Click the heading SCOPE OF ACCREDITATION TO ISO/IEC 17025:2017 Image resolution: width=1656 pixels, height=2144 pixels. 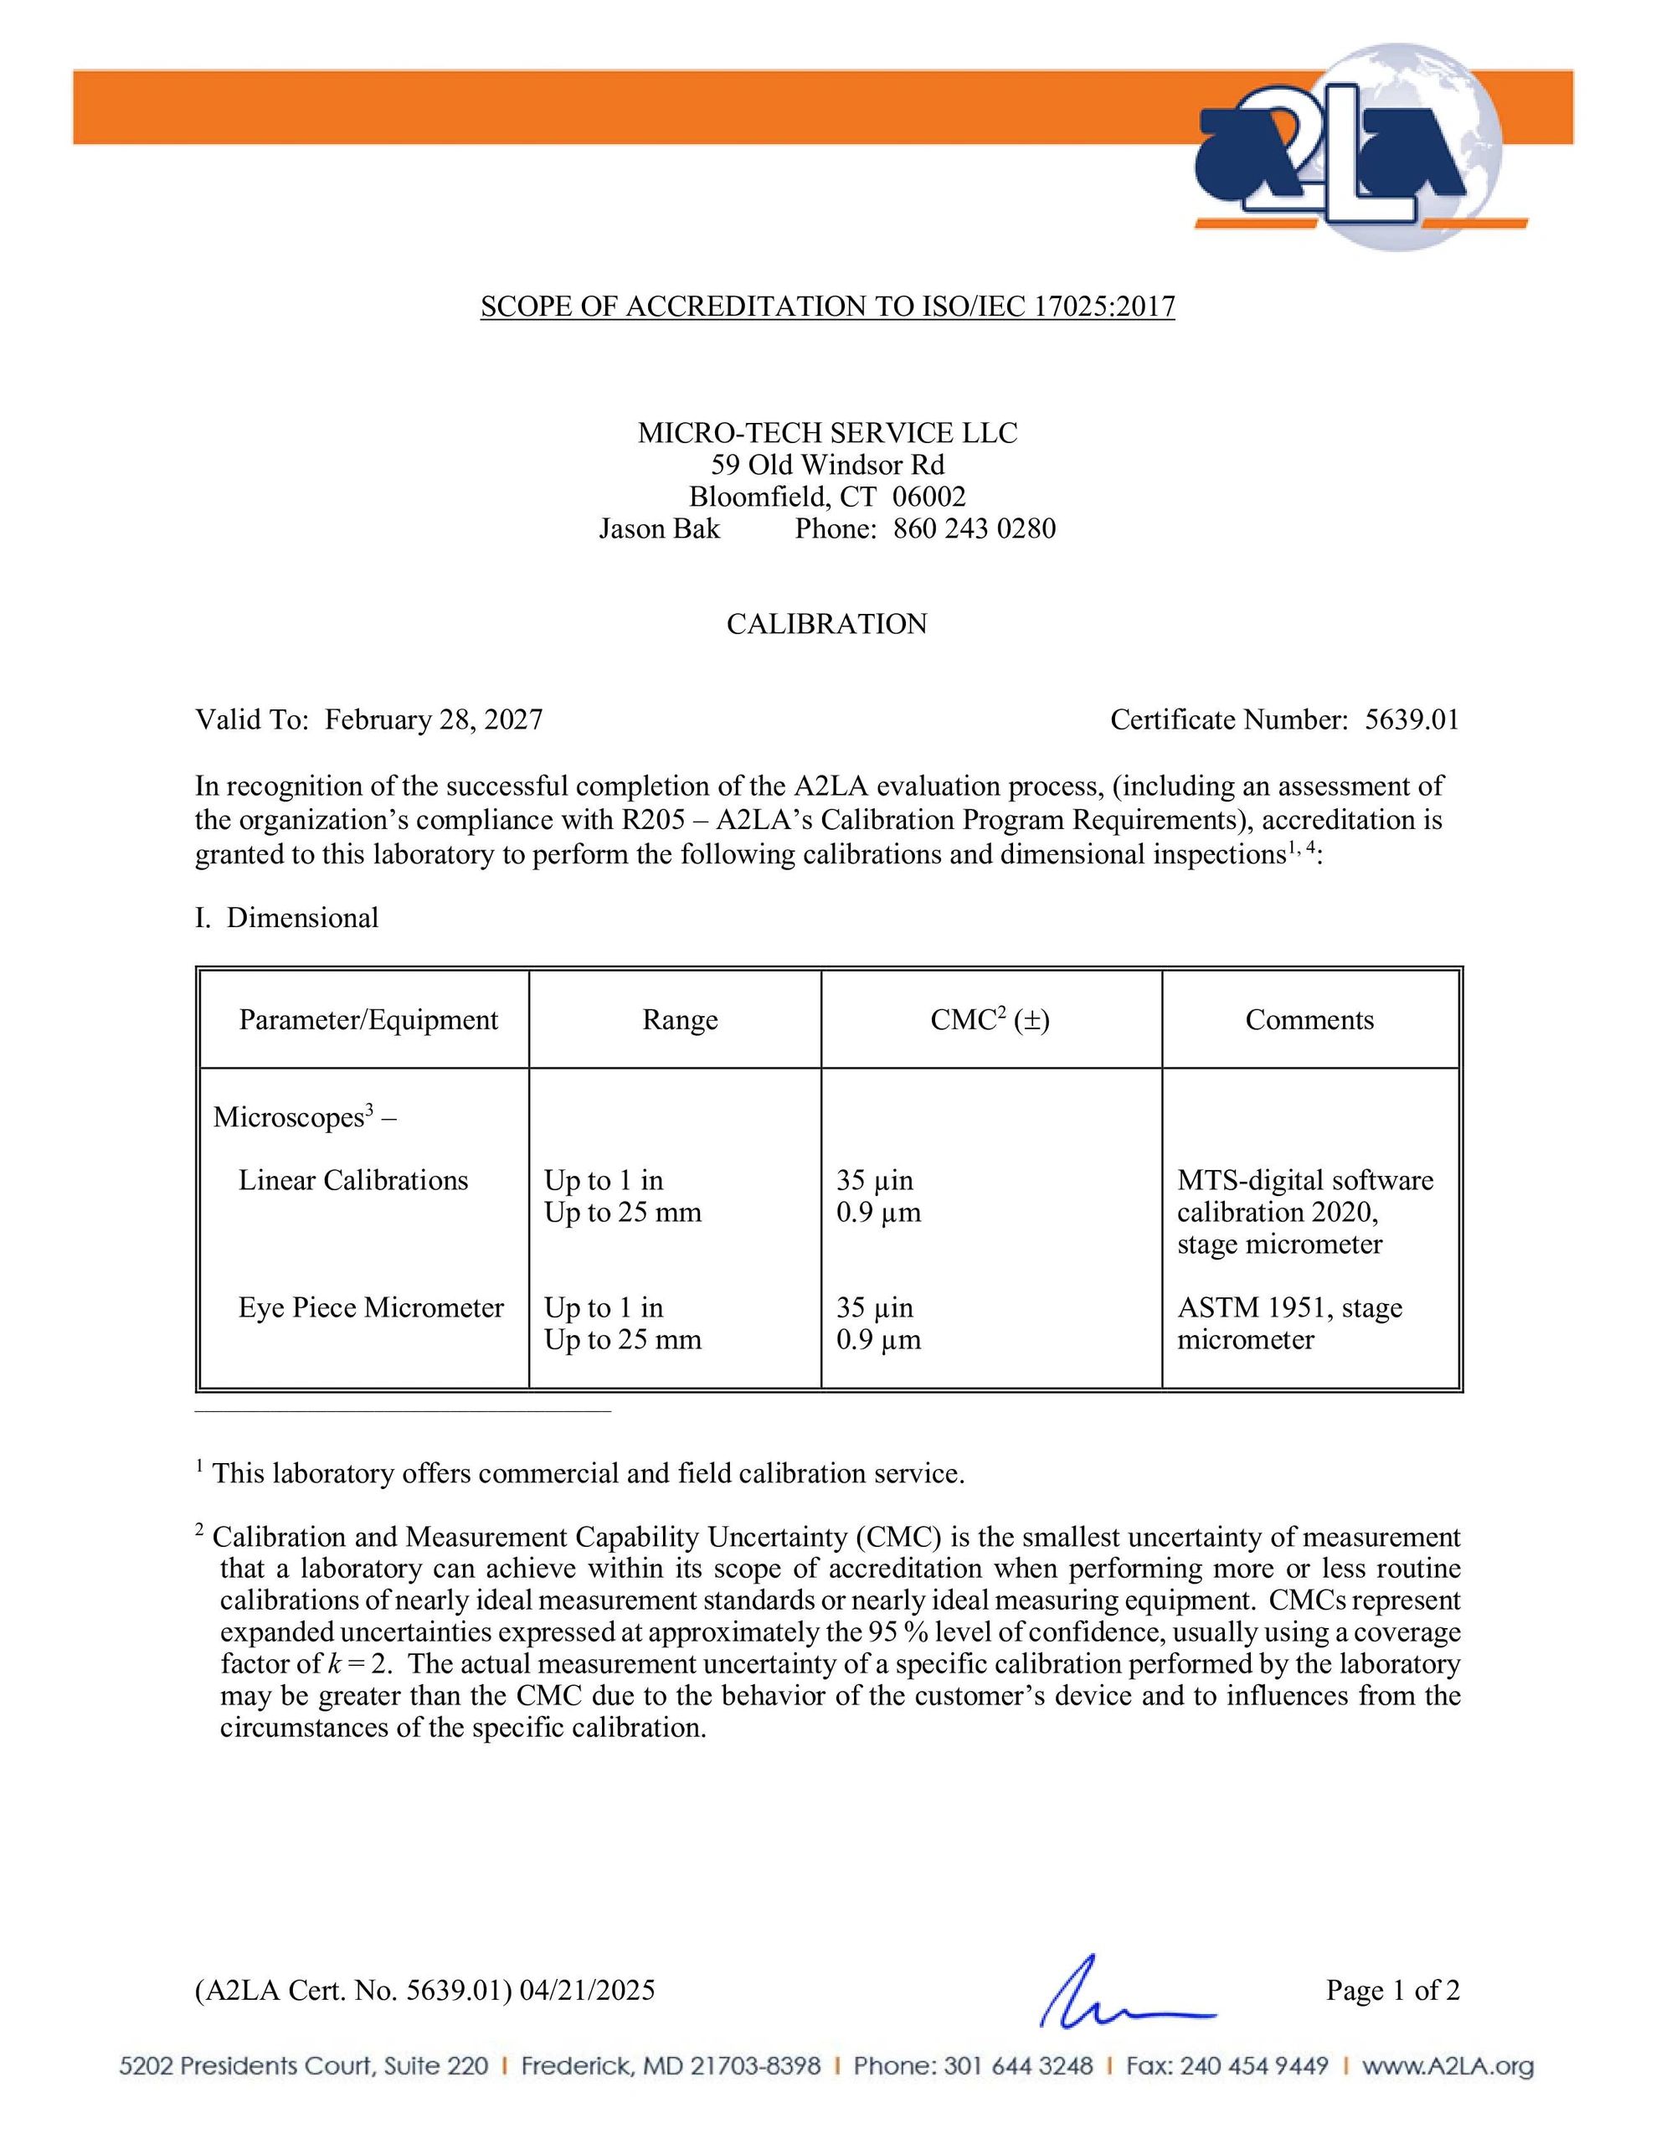click(826, 307)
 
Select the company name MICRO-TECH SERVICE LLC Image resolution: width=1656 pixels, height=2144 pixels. click(826, 433)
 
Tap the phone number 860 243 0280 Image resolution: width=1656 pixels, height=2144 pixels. click(974, 529)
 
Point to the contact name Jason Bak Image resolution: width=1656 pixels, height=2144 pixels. click(659, 529)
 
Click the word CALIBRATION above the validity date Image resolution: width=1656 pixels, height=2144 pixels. click(826, 624)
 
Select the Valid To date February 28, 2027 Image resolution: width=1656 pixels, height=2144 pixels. click(433, 720)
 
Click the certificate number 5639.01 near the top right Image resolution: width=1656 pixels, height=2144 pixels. click(1412, 720)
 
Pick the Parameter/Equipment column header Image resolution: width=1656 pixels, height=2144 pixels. click(368, 1020)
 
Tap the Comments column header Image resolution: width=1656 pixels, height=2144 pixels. click(1309, 1020)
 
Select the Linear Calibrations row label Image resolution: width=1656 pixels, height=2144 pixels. click(352, 1180)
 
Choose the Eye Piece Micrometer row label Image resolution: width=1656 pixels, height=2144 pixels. click(370, 1307)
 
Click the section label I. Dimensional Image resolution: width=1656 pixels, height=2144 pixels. click(286, 919)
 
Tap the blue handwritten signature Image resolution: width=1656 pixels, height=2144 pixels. click(1119, 1992)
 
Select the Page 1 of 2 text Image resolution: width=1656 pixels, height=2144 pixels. click(1392, 1990)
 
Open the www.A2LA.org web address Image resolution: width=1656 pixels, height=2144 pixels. click(1447, 2066)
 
